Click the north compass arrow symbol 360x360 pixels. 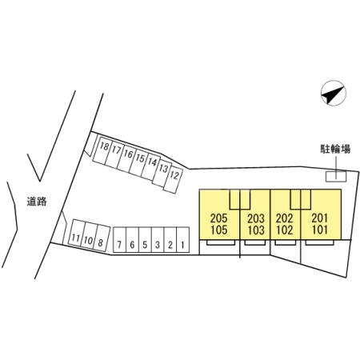click(333, 93)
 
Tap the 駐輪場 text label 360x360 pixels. click(335, 149)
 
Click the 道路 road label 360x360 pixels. click(37, 202)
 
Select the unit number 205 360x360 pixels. click(219, 218)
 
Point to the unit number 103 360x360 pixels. click(256, 230)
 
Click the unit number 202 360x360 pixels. click(285, 218)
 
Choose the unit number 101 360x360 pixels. click(320, 230)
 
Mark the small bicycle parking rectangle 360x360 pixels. click(336, 177)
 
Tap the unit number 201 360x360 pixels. click(320, 218)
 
